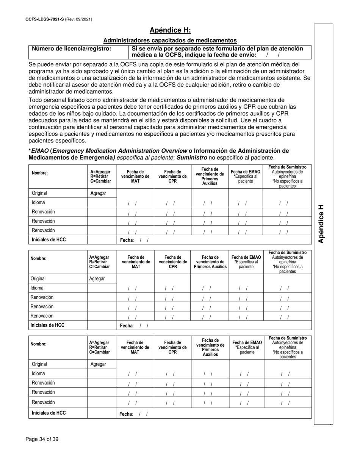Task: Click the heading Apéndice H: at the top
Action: [x=170, y=30]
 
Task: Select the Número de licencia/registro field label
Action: [x=72, y=48]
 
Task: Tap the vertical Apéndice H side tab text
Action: [x=321, y=224]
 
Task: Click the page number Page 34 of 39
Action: [x=42, y=439]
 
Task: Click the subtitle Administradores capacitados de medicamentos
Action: [x=170, y=40]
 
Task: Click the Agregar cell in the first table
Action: [x=98, y=193]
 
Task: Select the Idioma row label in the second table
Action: [x=38, y=288]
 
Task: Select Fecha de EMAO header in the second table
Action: [x=246, y=261]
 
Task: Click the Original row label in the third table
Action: [x=39, y=364]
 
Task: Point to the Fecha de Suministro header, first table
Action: [x=287, y=167]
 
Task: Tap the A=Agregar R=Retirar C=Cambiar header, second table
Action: [x=99, y=262]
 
